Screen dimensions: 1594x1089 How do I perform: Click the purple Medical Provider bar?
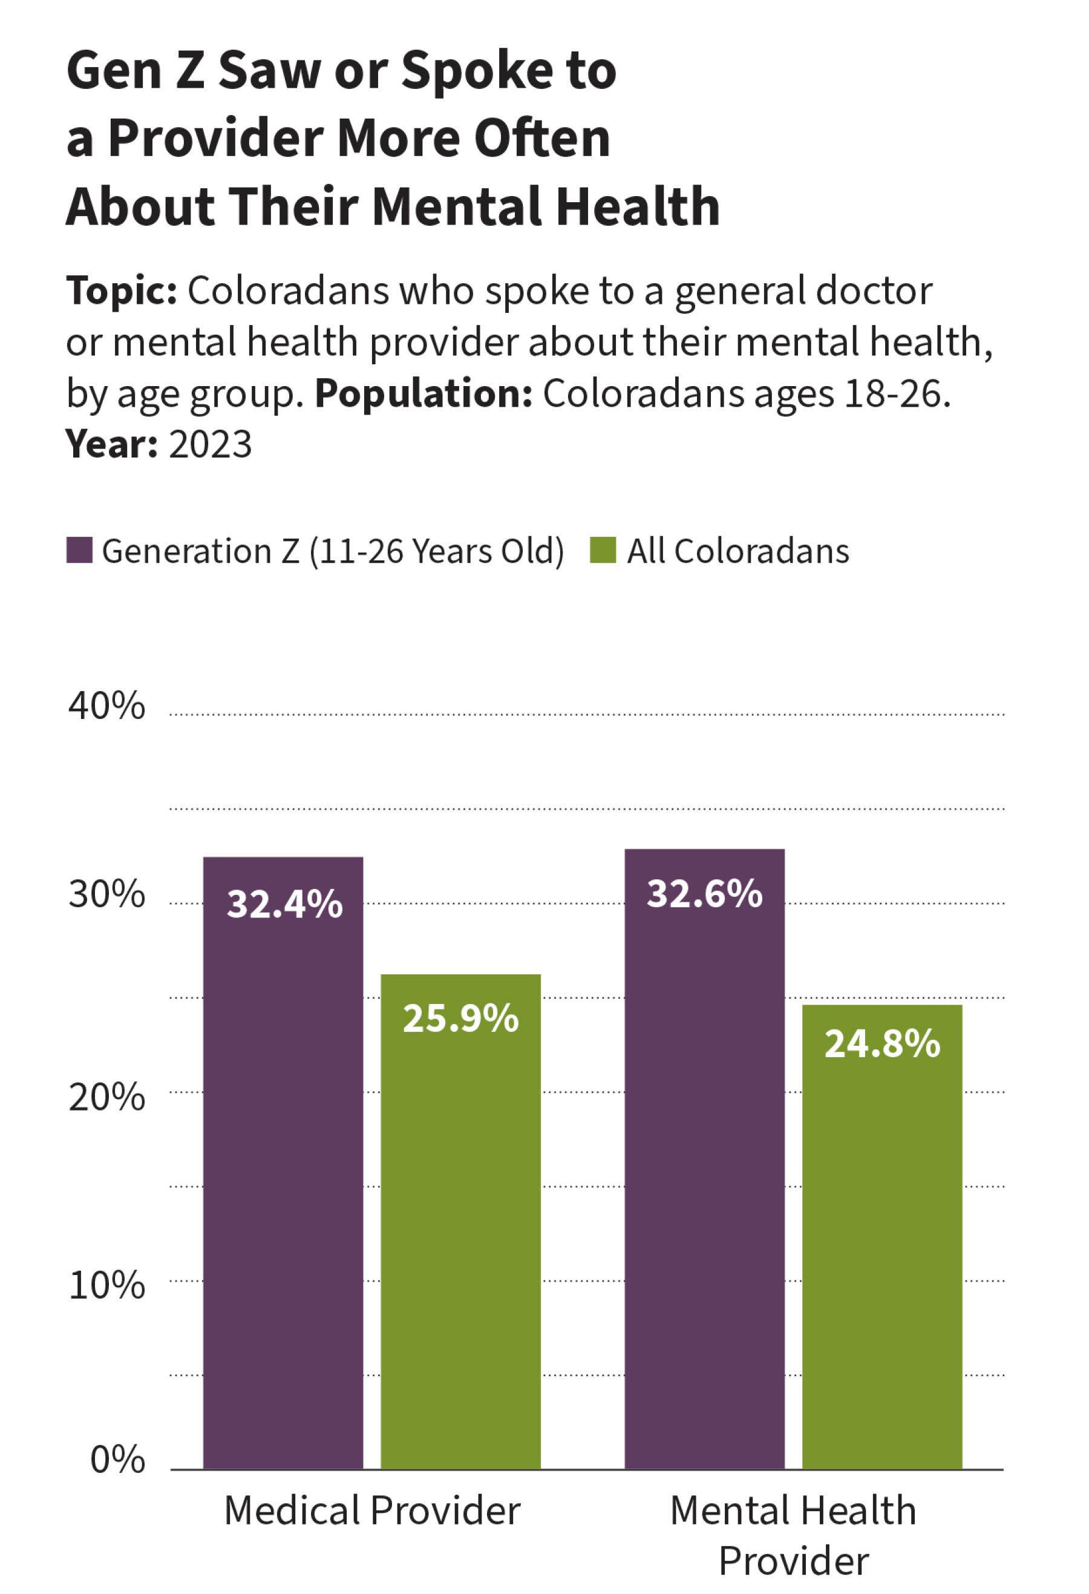tap(283, 1166)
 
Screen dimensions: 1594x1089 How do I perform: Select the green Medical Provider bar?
tap(460, 1228)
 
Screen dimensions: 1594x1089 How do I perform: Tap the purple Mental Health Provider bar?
tap(704, 1166)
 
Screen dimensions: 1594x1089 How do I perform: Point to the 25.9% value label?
tap(460, 1018)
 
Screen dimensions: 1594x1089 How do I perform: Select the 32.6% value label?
tap(704, 894)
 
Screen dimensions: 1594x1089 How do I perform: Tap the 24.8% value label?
tap(882, 1043)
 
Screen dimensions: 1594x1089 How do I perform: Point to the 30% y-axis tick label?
tap(107, 894)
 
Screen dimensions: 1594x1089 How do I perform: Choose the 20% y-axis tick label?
tap(107, 1097)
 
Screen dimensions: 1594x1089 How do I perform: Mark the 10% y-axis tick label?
tap(107, 1285)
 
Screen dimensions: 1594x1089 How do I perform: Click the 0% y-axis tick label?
tap(117, 1460)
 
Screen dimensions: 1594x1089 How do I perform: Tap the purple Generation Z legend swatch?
tap(79, 551)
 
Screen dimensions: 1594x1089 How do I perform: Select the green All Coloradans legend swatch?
tap(603, 551)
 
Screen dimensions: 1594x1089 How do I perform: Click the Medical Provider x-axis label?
tap(372, 1510)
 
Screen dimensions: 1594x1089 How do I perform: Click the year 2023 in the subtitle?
tap(210, 444)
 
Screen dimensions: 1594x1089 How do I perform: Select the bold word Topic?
tap(122, 291)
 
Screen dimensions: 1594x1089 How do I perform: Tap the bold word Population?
tap(423, 394)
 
